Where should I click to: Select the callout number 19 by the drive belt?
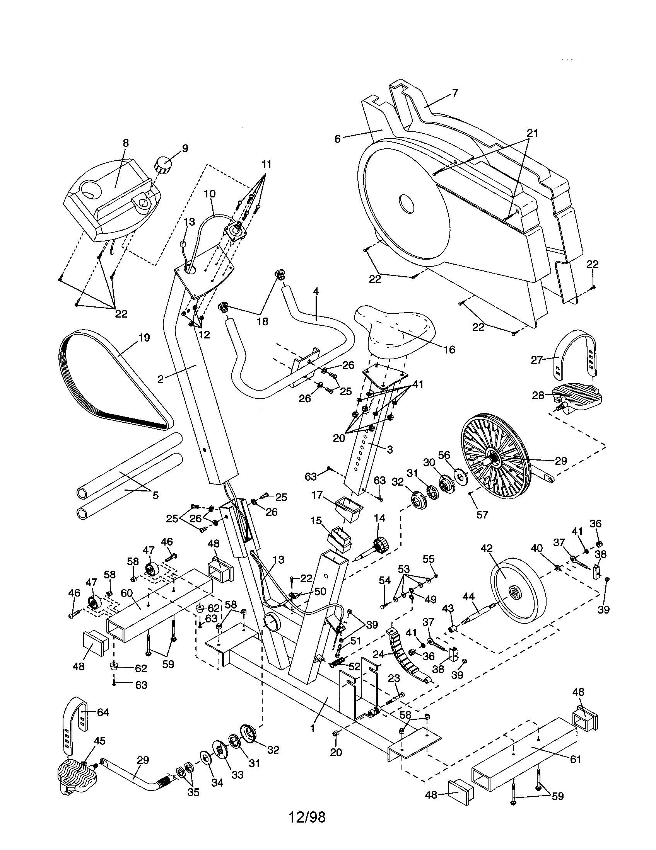tap(144, 337)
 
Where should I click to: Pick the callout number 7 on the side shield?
tap(455, 93)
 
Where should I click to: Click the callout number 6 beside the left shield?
tap(338, 139)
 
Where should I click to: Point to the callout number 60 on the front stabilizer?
tap(127, 593)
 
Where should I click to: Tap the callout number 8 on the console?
tap(125, 143)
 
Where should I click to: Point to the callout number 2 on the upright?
tap(161, 379)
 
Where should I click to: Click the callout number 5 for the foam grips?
tap(155, 495)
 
